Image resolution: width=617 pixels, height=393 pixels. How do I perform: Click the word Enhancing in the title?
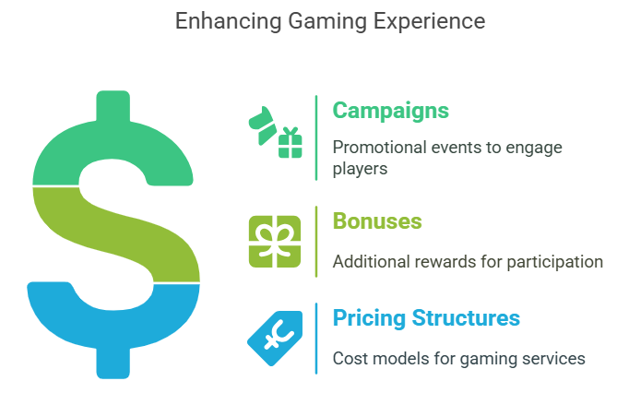tap(228, 21)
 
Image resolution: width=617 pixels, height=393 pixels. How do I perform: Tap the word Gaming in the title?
tap(327, 22)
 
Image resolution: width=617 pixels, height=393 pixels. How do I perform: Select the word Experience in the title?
tap(429, 22)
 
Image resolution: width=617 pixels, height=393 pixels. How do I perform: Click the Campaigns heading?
tap(390, 111)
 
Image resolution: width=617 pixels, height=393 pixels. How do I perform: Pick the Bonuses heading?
tap(377, 220)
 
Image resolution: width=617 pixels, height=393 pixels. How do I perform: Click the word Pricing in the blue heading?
tap(369, 318)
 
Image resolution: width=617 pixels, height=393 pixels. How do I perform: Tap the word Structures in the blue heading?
tap(466, 317)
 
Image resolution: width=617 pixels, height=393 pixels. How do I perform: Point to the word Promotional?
tap(379, 148)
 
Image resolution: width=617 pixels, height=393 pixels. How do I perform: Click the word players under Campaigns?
tap(360, 169)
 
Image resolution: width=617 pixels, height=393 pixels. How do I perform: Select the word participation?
tap(555, 262)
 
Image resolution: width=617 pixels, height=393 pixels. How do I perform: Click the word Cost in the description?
tap(348, 359)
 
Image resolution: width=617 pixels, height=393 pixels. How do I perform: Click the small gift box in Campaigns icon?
tap(291, 143)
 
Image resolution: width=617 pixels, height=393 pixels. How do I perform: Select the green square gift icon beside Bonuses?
tap(275, 242)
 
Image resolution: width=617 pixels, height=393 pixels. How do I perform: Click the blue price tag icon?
tap(275, 338)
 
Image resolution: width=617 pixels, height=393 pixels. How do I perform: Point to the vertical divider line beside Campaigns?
tap(316, 137)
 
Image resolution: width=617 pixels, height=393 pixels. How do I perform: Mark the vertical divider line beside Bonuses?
tap(316, 242)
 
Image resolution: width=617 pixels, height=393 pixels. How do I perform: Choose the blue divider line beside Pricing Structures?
tap(316, 339)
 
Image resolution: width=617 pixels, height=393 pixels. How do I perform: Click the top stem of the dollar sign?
tap(113, 105)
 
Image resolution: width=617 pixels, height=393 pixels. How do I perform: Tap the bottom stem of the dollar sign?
tap(113, 363)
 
